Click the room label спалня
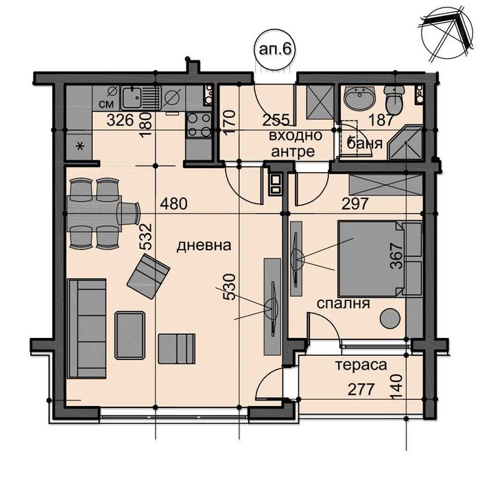(x=339, y=303)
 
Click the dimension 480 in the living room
(x=174, y=204)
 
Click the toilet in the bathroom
(x=394, y=101)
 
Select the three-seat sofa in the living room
(x=87, y=328)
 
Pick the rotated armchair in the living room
(x=148, y=276)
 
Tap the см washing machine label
(x=106, y=104)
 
